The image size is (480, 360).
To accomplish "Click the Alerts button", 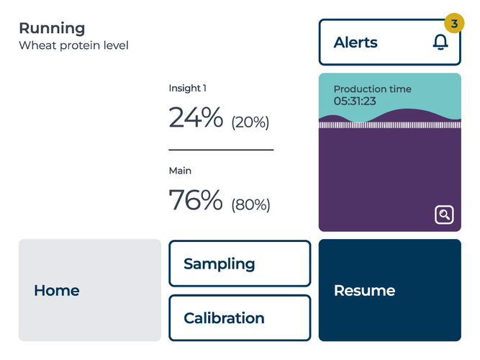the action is point(390,42).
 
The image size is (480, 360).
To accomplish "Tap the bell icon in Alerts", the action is point(440,42).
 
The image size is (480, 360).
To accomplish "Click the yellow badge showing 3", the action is point(454,23).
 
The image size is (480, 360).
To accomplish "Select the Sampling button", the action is point(240,264).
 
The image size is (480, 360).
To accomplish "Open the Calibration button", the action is point(240,318).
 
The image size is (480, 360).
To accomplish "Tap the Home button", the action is point(90,290).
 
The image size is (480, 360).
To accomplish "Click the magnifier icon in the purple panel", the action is point(444,215).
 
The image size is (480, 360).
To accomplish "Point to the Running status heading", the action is point(52,29).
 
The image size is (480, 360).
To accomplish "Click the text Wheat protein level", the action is point(74,45).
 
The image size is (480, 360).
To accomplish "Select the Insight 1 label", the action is point(188,89).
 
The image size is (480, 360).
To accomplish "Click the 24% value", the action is point(196,117).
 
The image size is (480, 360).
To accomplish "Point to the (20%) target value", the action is point(250,122).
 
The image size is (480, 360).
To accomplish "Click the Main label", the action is point(180,171).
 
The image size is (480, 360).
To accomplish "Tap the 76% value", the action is point(196,199).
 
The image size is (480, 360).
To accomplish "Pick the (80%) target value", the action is point(250,204).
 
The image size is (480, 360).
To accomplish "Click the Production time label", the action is point(373,89).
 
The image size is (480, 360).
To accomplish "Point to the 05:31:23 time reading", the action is point(355,101).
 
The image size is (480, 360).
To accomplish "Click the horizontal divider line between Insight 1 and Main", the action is point(221,150).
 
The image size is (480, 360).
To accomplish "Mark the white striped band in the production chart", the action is point(390,125).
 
